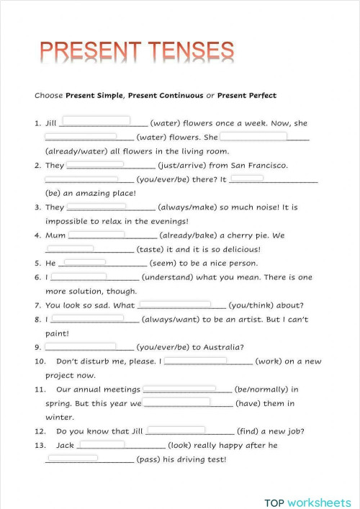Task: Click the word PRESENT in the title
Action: click(80, 52)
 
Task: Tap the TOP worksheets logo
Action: click(307, 502)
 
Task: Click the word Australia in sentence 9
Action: click(217, 347)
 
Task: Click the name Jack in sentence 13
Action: click(65, 445)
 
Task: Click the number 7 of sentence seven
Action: click(37, 305)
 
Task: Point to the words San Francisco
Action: click(258, 166)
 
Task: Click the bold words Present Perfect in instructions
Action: click(246, 96)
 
